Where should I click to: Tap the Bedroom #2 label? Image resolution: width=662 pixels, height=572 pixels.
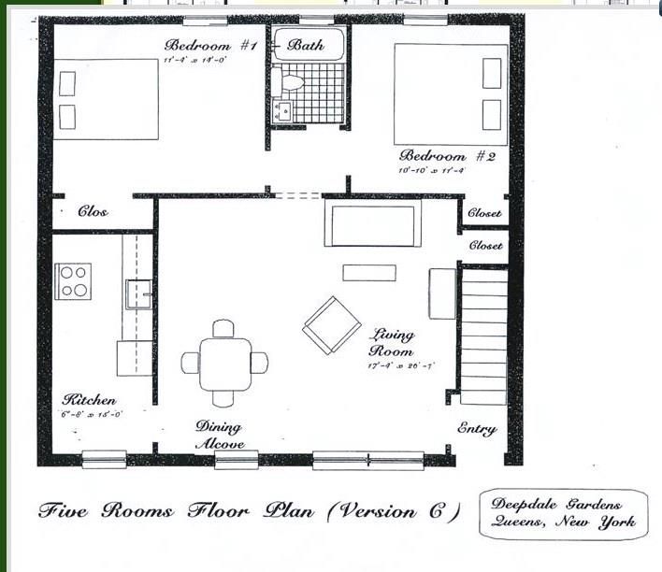(x=446, y=155)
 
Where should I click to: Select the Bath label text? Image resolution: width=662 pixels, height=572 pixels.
(x=306, y=44)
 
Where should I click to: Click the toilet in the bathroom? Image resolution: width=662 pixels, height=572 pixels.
(x=291, y=82)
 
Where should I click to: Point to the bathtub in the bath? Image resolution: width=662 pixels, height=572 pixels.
(x=308, y=44)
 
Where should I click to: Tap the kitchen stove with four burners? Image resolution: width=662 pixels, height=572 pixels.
(x=73, y=281)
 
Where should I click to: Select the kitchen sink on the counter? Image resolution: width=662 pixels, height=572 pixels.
(x=139, y=294)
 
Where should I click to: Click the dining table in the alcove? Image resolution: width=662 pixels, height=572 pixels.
(x=224, y=363)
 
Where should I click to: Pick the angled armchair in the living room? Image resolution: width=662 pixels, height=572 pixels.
(x=332, y=325)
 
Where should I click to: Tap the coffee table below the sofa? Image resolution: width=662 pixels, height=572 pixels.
(x=368, y=273)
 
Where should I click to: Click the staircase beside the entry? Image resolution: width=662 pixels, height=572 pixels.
(x=483, y=336)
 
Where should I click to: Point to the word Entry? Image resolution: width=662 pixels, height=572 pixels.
(x=477, y=429)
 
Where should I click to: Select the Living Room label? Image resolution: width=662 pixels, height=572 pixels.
(x=393, y=342)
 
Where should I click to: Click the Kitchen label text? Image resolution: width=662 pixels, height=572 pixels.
(x=90, y=400)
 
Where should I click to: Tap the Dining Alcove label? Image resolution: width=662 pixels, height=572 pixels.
(x=221, y=436)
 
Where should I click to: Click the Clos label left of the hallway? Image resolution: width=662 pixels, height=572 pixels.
(x=93, y=212)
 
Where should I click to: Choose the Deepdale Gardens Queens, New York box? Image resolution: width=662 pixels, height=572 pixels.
(x=564, y=513)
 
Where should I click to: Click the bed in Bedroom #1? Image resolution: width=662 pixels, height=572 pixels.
(x=105, y=99)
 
